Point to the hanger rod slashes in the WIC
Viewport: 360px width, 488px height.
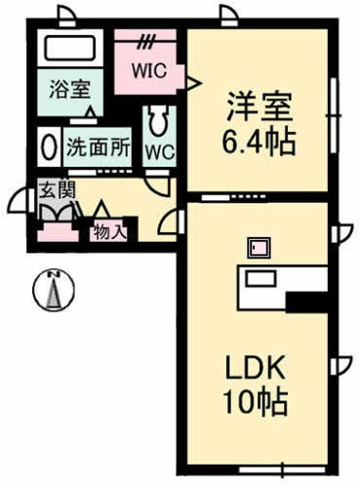(x=147, y=42)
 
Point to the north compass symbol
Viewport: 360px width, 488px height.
(x=56, y=289)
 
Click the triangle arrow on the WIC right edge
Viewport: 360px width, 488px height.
(x=191, y=80)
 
